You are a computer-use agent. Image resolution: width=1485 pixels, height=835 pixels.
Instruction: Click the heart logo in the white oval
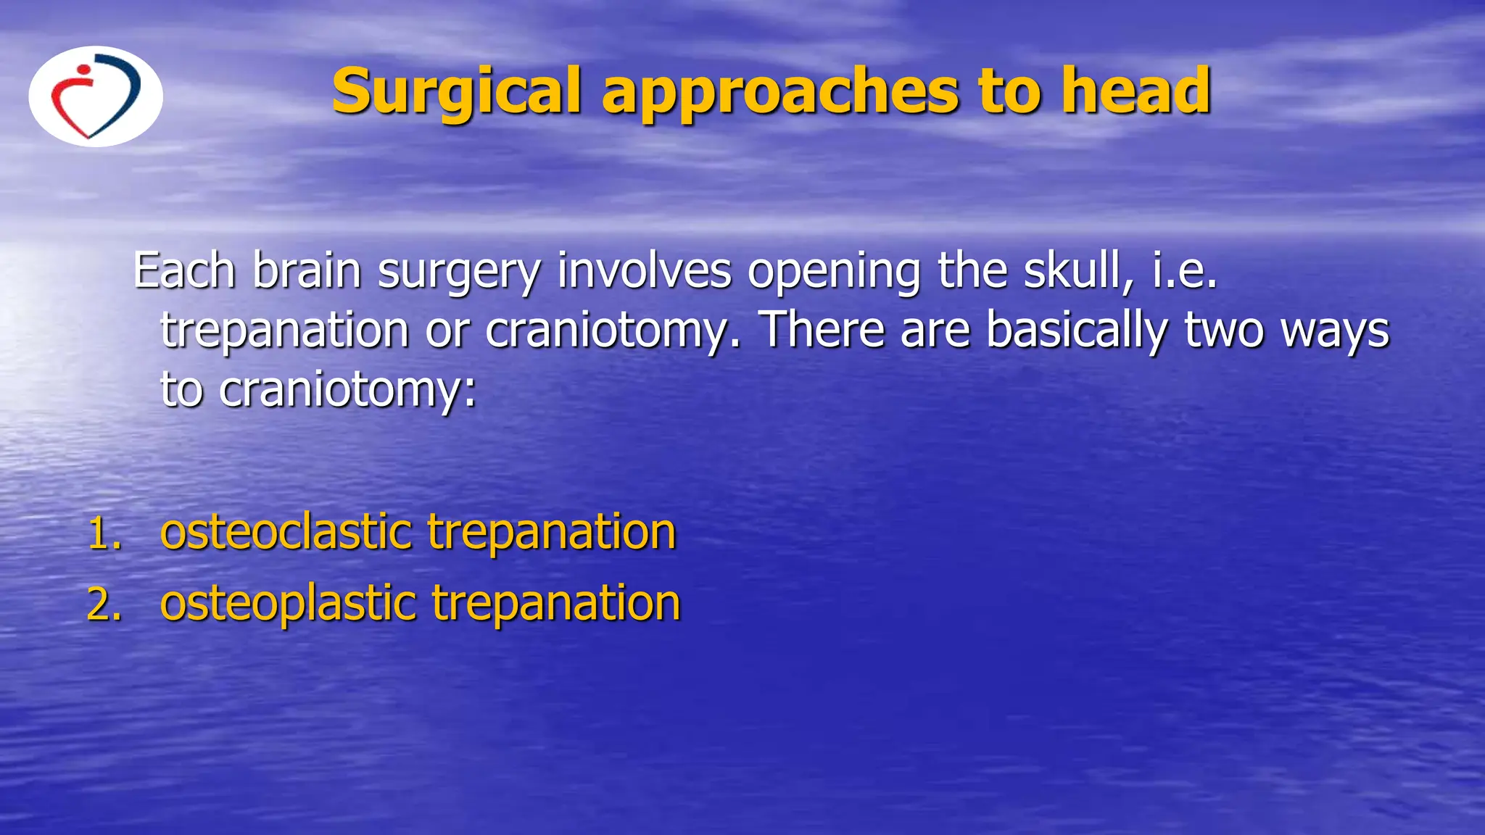(x=95, y=96)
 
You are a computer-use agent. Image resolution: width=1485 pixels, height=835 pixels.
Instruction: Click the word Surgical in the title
(x=456, y=91)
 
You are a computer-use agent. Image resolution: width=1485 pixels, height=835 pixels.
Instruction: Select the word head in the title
(x=1136, y=91)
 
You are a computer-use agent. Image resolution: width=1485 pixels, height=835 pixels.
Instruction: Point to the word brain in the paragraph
(x=307, y=271)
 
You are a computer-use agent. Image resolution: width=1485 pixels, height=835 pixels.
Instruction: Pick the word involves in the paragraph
(x=645, y=271)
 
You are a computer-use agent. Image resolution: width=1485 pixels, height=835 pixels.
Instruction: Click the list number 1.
(x=104, y=533)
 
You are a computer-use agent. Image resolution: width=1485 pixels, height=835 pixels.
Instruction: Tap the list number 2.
(x=104, y=605)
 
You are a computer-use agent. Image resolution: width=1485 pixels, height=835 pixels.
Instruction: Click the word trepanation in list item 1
(x=552, y=533)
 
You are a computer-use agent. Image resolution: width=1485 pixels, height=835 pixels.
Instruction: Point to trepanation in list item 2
(x=556, y=604)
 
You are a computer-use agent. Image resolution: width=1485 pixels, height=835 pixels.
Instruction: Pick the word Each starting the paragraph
(x=184, y=271)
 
